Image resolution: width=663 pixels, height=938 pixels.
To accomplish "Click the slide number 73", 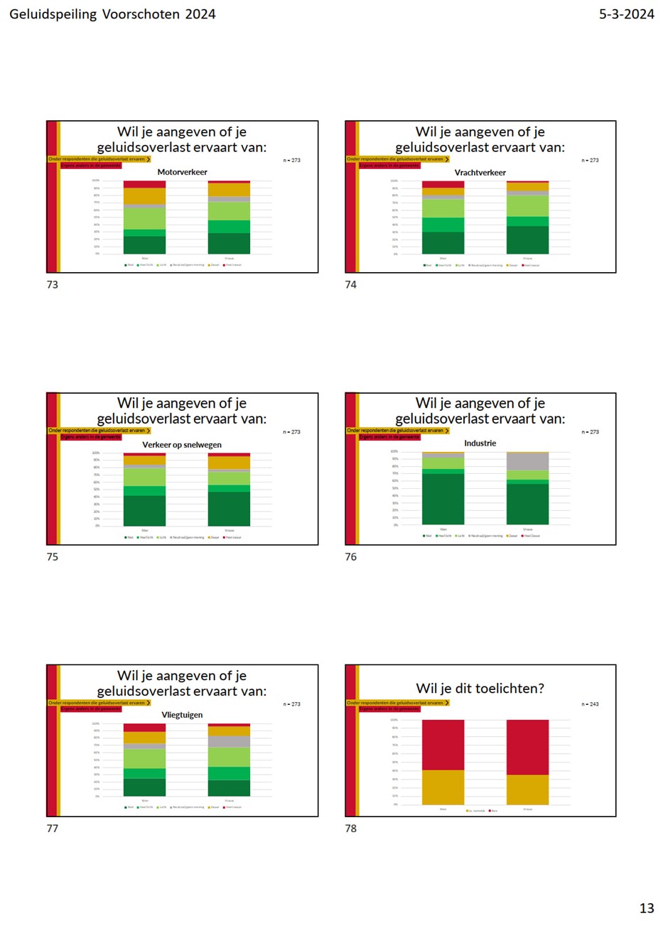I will click(x=53, y=285).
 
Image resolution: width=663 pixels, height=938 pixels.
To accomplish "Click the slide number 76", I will click(x=351, y=557).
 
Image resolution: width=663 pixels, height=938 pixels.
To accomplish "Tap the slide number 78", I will click(x=351, y=829).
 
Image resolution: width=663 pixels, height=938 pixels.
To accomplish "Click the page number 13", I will click(x=647, y=908).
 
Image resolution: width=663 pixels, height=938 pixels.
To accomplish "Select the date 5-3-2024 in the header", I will click(x=626, y=14).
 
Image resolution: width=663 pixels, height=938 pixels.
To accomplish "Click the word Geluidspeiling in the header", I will click(x=53, y=14).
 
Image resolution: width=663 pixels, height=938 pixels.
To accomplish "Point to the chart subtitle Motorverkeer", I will click(x=182, y=172).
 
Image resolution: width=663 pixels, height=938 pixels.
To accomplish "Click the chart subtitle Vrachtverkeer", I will click(x=480, y=173).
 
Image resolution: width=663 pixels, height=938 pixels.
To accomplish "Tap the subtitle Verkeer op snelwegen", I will click(x=182, y=445).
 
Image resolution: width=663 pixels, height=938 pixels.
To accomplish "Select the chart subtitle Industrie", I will click(x=480, y=443).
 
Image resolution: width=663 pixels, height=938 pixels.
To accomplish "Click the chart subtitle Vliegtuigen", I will click(x=182, y=715).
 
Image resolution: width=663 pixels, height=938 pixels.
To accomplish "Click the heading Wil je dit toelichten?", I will click(x=480, y=689).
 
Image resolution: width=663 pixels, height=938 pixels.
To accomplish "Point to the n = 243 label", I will click(x=590, y=704).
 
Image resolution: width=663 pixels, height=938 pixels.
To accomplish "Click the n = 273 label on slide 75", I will click(x=291, y=432).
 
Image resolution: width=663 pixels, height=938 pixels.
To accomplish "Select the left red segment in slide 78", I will click(x=443, y=745).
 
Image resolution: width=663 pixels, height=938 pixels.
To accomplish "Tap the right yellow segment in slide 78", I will click(x=527, y=789).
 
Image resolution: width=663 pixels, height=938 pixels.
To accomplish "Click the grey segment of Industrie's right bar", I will click(x=527, y=461).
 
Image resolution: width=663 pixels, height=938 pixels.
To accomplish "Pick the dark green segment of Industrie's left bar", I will click(x=443, y=499).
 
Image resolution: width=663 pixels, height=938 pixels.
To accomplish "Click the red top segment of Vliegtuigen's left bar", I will click(x=144, y=728).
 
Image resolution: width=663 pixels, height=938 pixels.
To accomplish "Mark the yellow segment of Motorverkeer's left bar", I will click(x=144, y=196).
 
